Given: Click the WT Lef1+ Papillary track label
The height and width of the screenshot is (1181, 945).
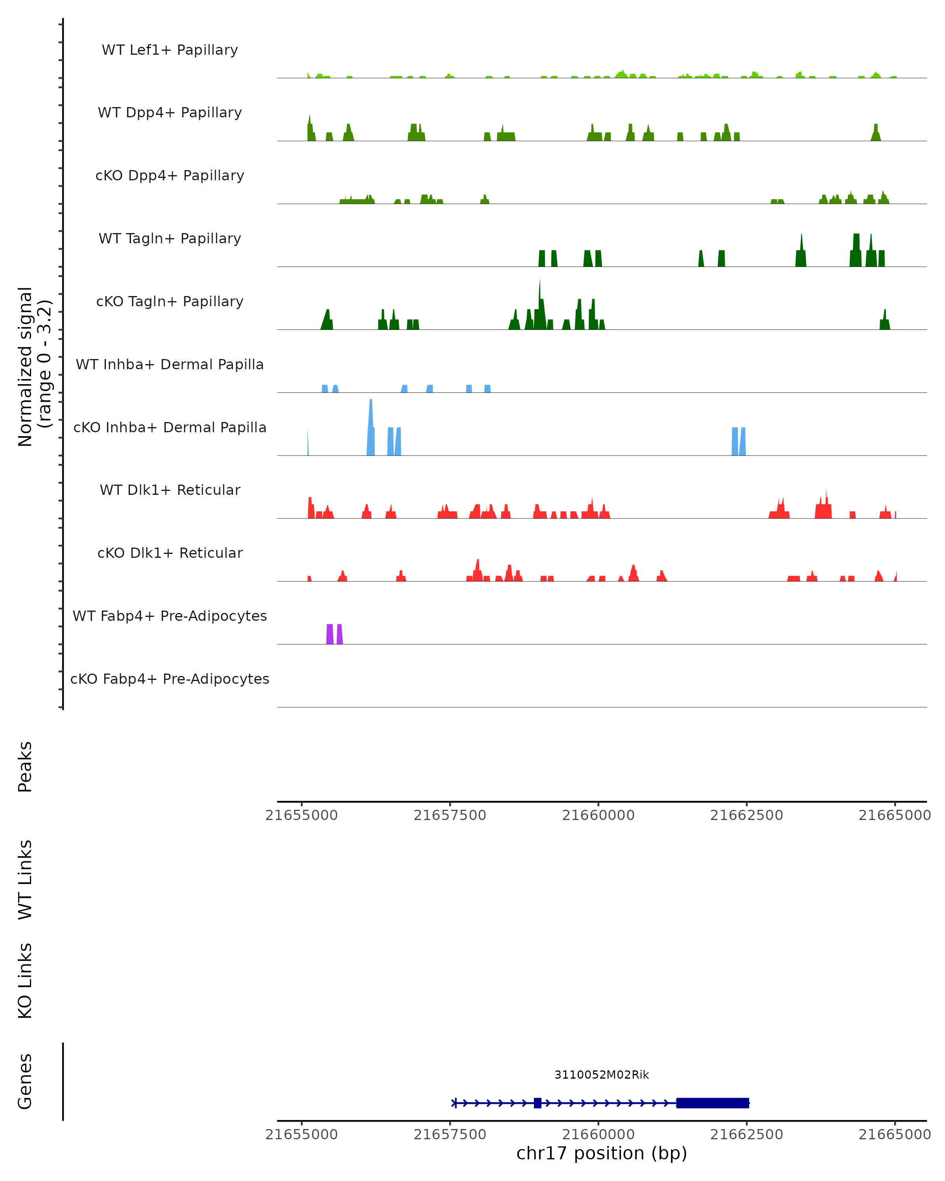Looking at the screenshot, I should (x=170, y=50).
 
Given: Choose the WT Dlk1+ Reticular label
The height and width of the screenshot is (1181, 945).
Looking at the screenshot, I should (x=170, y=490).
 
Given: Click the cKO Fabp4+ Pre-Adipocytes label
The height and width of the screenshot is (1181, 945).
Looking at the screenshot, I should (x=170, y=679).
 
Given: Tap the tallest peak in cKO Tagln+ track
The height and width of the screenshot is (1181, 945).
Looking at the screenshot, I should (x=539, y=307).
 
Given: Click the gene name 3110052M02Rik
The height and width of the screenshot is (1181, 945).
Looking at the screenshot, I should (x=602, y=1075).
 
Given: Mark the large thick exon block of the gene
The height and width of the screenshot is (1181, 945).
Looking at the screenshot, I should (x=712, y=1103).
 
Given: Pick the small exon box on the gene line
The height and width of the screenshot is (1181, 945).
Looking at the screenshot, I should (x=537, y=1103).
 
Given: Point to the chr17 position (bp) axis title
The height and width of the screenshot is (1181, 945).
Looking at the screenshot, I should (x=602, y=1153).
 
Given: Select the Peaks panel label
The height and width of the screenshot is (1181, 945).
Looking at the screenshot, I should (x=25, y=766).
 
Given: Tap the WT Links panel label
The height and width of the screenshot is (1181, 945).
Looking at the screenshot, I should (x=25, y=879).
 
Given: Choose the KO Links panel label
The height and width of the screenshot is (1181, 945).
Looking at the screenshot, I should (x=25, y=981).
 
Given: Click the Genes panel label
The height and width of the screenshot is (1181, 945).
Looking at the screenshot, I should (x=25, y=1081).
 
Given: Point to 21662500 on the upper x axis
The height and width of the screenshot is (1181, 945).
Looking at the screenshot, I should (x=747, y=815).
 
